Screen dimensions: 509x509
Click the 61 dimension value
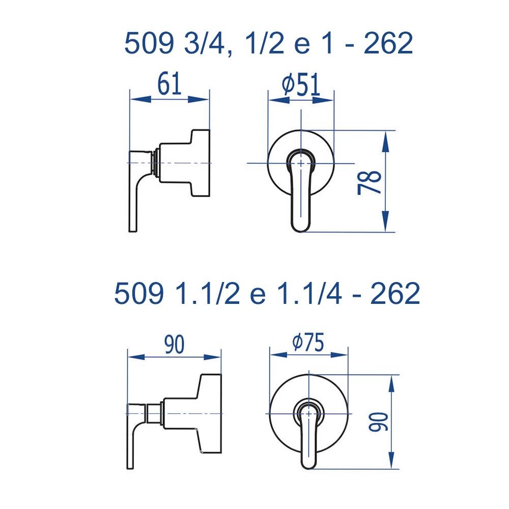coord(169,84)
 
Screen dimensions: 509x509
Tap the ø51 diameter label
coord(301,84)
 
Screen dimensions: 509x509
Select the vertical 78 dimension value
coord(370,182)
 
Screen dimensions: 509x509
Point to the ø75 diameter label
coord(308,342)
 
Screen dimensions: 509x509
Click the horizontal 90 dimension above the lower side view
coord(174,345)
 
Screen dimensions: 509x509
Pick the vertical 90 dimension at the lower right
coord(379,422)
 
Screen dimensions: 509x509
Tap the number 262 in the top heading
coord(388,43)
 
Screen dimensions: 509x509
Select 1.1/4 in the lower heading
coord(310,293)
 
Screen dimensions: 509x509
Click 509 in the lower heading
coord(139,293)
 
